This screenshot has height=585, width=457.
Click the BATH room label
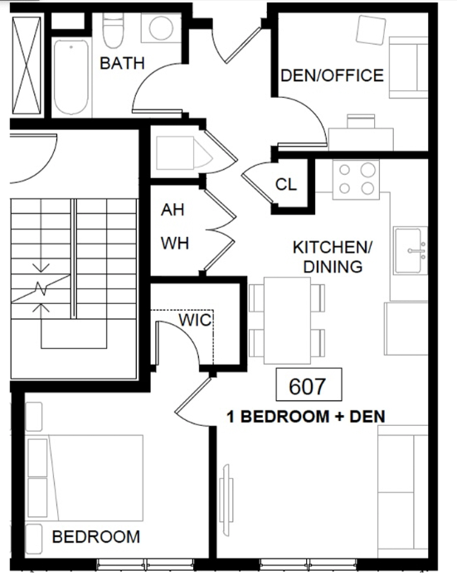coord(122,63)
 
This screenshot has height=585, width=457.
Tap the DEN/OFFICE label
coord(332,75)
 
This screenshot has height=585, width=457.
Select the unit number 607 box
coord(309,384)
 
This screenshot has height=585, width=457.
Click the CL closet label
coord(286,184)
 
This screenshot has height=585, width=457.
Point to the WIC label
coord(195,320)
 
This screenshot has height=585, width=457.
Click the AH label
coord(173,210)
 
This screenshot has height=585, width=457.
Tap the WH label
coord(175,244)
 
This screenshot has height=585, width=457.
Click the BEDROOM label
coord(96,537)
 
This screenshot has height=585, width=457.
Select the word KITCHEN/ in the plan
coord(333,248)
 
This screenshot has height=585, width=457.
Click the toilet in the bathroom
coord(113,31)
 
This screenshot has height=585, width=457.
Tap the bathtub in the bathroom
coord(71,77)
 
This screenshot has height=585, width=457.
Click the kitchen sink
coord(411,250)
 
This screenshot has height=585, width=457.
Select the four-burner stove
coord(356,180)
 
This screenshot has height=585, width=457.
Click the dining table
coord(287,321)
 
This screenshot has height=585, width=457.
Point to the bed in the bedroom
coord(85,477)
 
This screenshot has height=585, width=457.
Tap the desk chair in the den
coord(362,121)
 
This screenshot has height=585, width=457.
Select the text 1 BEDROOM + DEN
coord(306,417)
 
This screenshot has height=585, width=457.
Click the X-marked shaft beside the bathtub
coord(27,65)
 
